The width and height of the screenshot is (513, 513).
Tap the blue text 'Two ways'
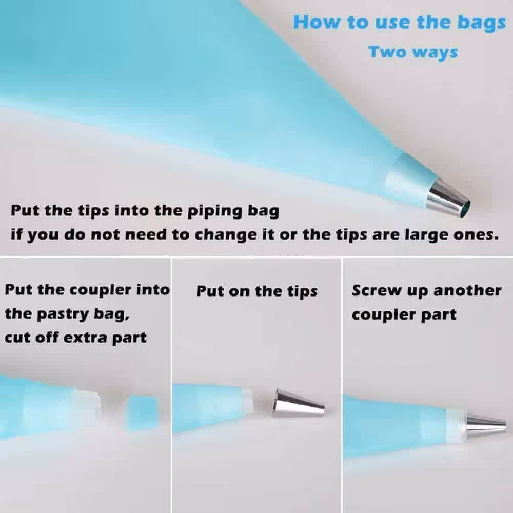[413, 52]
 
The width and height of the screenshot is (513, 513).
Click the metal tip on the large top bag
[448, 199]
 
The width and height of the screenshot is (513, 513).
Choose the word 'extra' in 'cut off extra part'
[85, 338]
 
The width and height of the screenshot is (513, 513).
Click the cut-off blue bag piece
[143, 412]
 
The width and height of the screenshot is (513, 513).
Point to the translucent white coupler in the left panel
[86, 407]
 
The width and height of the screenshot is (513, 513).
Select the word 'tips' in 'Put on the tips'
[302, 291]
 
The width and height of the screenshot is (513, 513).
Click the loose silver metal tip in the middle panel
[298, 403]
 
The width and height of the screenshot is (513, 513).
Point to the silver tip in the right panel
[486, 425]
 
